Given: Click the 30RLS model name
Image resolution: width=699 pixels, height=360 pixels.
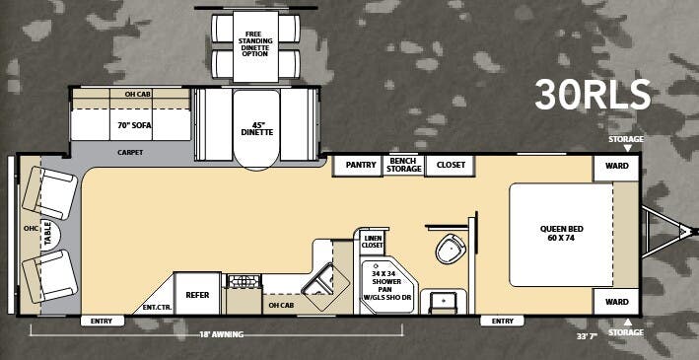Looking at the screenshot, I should click(x=593, y=95).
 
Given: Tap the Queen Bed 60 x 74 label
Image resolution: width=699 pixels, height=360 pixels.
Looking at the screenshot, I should click(x=561, y=235).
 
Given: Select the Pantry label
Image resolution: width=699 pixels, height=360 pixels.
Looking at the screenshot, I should click(x=354, y=165).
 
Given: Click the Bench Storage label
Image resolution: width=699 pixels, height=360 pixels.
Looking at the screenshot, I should click(x=404, y=165).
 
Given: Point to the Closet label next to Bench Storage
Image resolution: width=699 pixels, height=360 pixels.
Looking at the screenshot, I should click(x=451, y=165).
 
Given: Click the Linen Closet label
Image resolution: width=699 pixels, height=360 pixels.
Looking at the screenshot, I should click(x=372, y=243).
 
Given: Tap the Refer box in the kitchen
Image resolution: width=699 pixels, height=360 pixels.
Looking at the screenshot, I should click(x=196, y=294).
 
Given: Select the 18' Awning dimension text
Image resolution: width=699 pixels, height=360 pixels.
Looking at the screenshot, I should click(x=221, y=333).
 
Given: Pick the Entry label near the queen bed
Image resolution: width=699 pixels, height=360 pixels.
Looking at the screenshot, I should click(x=502, y=321).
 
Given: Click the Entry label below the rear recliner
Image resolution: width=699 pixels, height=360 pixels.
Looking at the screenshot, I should click(x=101, y=321).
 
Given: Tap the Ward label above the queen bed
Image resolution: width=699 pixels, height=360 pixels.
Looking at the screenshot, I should click(x=616, y=167).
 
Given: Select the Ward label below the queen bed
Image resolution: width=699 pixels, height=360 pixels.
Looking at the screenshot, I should click(x=616, y=302).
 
